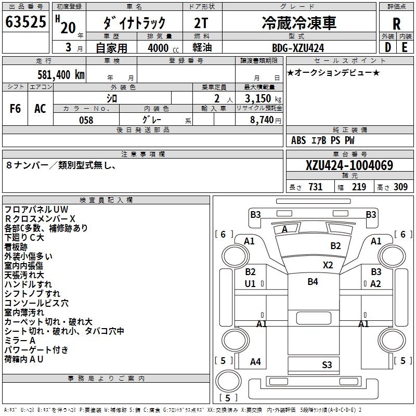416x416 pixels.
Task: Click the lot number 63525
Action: point(26,22)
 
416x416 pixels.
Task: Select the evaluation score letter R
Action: point(396,24)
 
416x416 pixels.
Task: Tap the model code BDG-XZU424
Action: point(298,48)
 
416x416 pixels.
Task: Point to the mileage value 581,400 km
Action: point(61,74)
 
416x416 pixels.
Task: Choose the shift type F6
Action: point(16,108)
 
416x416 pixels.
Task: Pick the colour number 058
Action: point(86,120)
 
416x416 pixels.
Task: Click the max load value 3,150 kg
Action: point(259,99)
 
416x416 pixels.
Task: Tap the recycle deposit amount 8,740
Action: point(262,120)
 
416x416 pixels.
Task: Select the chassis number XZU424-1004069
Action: point(349,166)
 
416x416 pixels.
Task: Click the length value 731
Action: point(315,187)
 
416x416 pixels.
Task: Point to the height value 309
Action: point(400,187)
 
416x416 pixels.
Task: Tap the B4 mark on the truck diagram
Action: point(313,282)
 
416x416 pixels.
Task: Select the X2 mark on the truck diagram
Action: point(328,265)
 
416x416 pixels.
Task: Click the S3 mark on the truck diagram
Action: point(327,365)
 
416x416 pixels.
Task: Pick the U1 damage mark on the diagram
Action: point(250,283)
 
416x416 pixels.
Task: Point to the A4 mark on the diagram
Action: point(255,362)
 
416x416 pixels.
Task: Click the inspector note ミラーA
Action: point(20,341)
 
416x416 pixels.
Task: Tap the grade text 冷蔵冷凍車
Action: point(298,22)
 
